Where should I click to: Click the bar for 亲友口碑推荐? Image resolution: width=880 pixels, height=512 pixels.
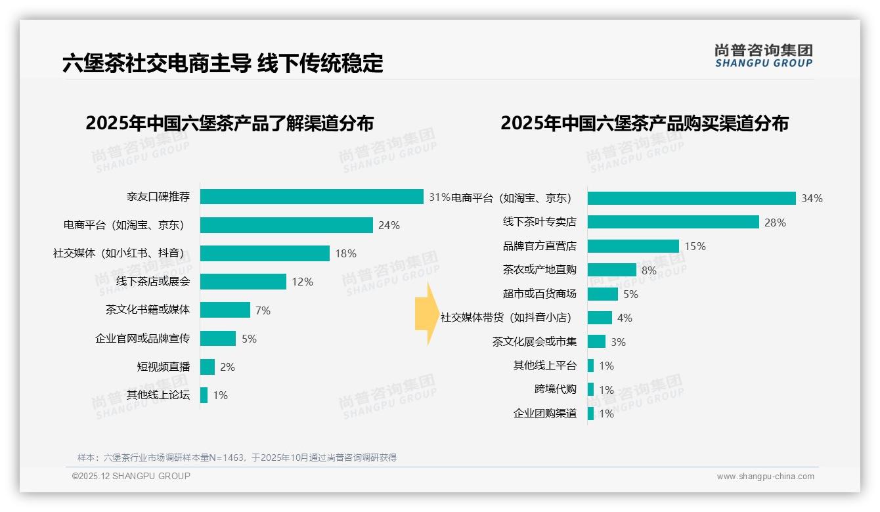[x=311, y=197]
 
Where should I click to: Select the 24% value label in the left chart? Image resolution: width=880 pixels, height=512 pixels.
[x=389, y=225]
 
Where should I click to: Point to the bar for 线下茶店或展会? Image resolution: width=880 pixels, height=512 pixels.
[x=243, y=282]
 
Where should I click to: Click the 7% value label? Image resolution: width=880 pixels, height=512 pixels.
[x=263, y=310]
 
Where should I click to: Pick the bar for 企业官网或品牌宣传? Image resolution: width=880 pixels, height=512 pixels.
[x=217, y=339]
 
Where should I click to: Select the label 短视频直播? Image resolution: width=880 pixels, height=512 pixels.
[x=163, y=367]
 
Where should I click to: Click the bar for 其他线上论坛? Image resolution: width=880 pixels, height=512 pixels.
[x=204, y=395]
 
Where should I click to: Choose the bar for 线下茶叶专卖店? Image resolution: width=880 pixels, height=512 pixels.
[x=673, y=222]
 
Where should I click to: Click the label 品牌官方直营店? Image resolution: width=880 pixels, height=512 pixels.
[x=539, y=246]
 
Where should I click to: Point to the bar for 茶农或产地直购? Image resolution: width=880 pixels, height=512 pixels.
[x=611, y=270]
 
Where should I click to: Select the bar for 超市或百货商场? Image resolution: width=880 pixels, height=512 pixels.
[x=602, y=294]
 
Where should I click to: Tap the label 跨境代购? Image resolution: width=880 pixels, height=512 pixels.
[x=555, y=389]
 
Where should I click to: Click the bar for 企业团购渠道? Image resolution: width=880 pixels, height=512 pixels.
[x=590, y=414]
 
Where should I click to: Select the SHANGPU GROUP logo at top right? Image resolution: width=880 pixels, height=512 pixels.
[x=763, y=56]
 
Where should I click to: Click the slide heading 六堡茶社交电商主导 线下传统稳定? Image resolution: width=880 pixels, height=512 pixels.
[x=223, y=64]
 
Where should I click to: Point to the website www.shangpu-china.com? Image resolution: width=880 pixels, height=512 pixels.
[x=765, y=477]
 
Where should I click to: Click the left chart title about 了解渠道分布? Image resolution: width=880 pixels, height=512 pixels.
[x=229, y=123]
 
